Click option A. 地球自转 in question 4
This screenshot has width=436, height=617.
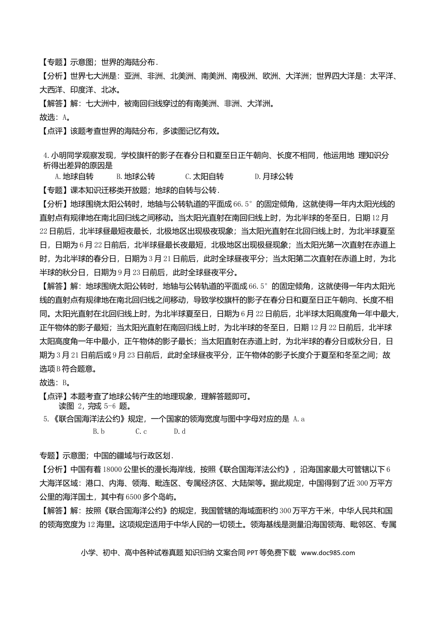pyautogui.click(x=74, y=177)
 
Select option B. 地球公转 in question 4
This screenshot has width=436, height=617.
pyautogui.click(x=136, y=177)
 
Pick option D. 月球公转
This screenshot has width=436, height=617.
pyautogui.click(x=274, y=177)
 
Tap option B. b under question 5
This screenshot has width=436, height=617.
pyautogui.click(x=99, y=431)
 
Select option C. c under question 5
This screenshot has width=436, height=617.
pyautogui.click(x=141, y=431)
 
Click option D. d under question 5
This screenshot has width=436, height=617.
pyautogui.click(x=179, y=431)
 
